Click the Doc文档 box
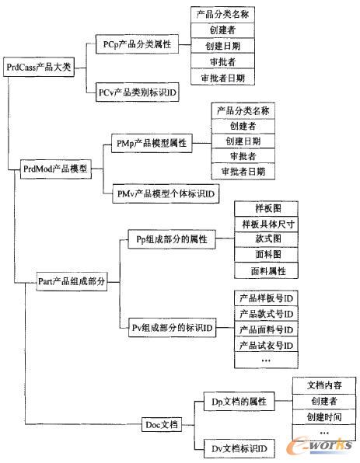tap(162, 424)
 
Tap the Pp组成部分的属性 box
tap(165, 239)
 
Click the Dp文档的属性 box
tap(238, 401)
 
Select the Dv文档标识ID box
tap(233, 448)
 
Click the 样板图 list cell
tap(266, 210)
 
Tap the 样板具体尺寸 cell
tap(266, 225)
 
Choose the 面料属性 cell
tap(266, 271)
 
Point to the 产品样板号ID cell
tap(266, 298)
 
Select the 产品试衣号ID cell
tap(266, 345)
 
